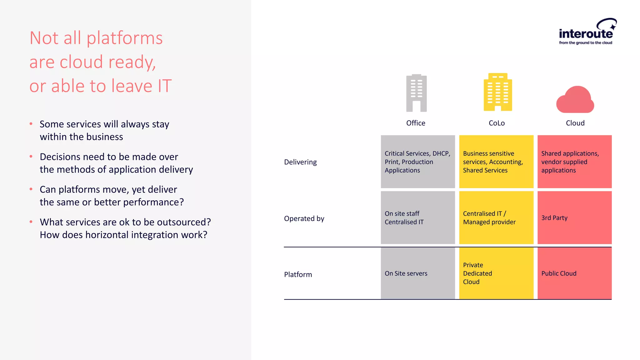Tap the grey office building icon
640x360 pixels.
(x=416, y=93)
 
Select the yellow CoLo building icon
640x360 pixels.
(x=497, y=92)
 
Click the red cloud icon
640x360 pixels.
(x=575, y=100)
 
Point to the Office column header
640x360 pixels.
(x=416, y=123)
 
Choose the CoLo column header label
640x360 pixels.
(x=497, y=123)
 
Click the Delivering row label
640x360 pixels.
(x=300, y=162)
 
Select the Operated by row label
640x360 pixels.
(x=304, y=218)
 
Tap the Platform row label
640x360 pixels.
(x=298, y=274)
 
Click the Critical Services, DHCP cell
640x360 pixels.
(x=418, y=162)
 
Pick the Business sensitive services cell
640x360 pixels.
(x=496, y=162)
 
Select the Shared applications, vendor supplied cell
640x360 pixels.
(x=574, y=162)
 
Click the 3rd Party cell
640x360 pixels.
(x=574, y=218)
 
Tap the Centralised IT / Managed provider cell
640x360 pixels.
(x=496, y=218)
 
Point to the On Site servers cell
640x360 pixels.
(x=418, y=273)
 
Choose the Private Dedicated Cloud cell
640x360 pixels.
(x=496, y=273)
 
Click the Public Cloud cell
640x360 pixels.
(x=574, y=273)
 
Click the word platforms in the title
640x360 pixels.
(x=124, y=38)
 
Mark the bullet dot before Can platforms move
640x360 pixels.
(x=31, y=189)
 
